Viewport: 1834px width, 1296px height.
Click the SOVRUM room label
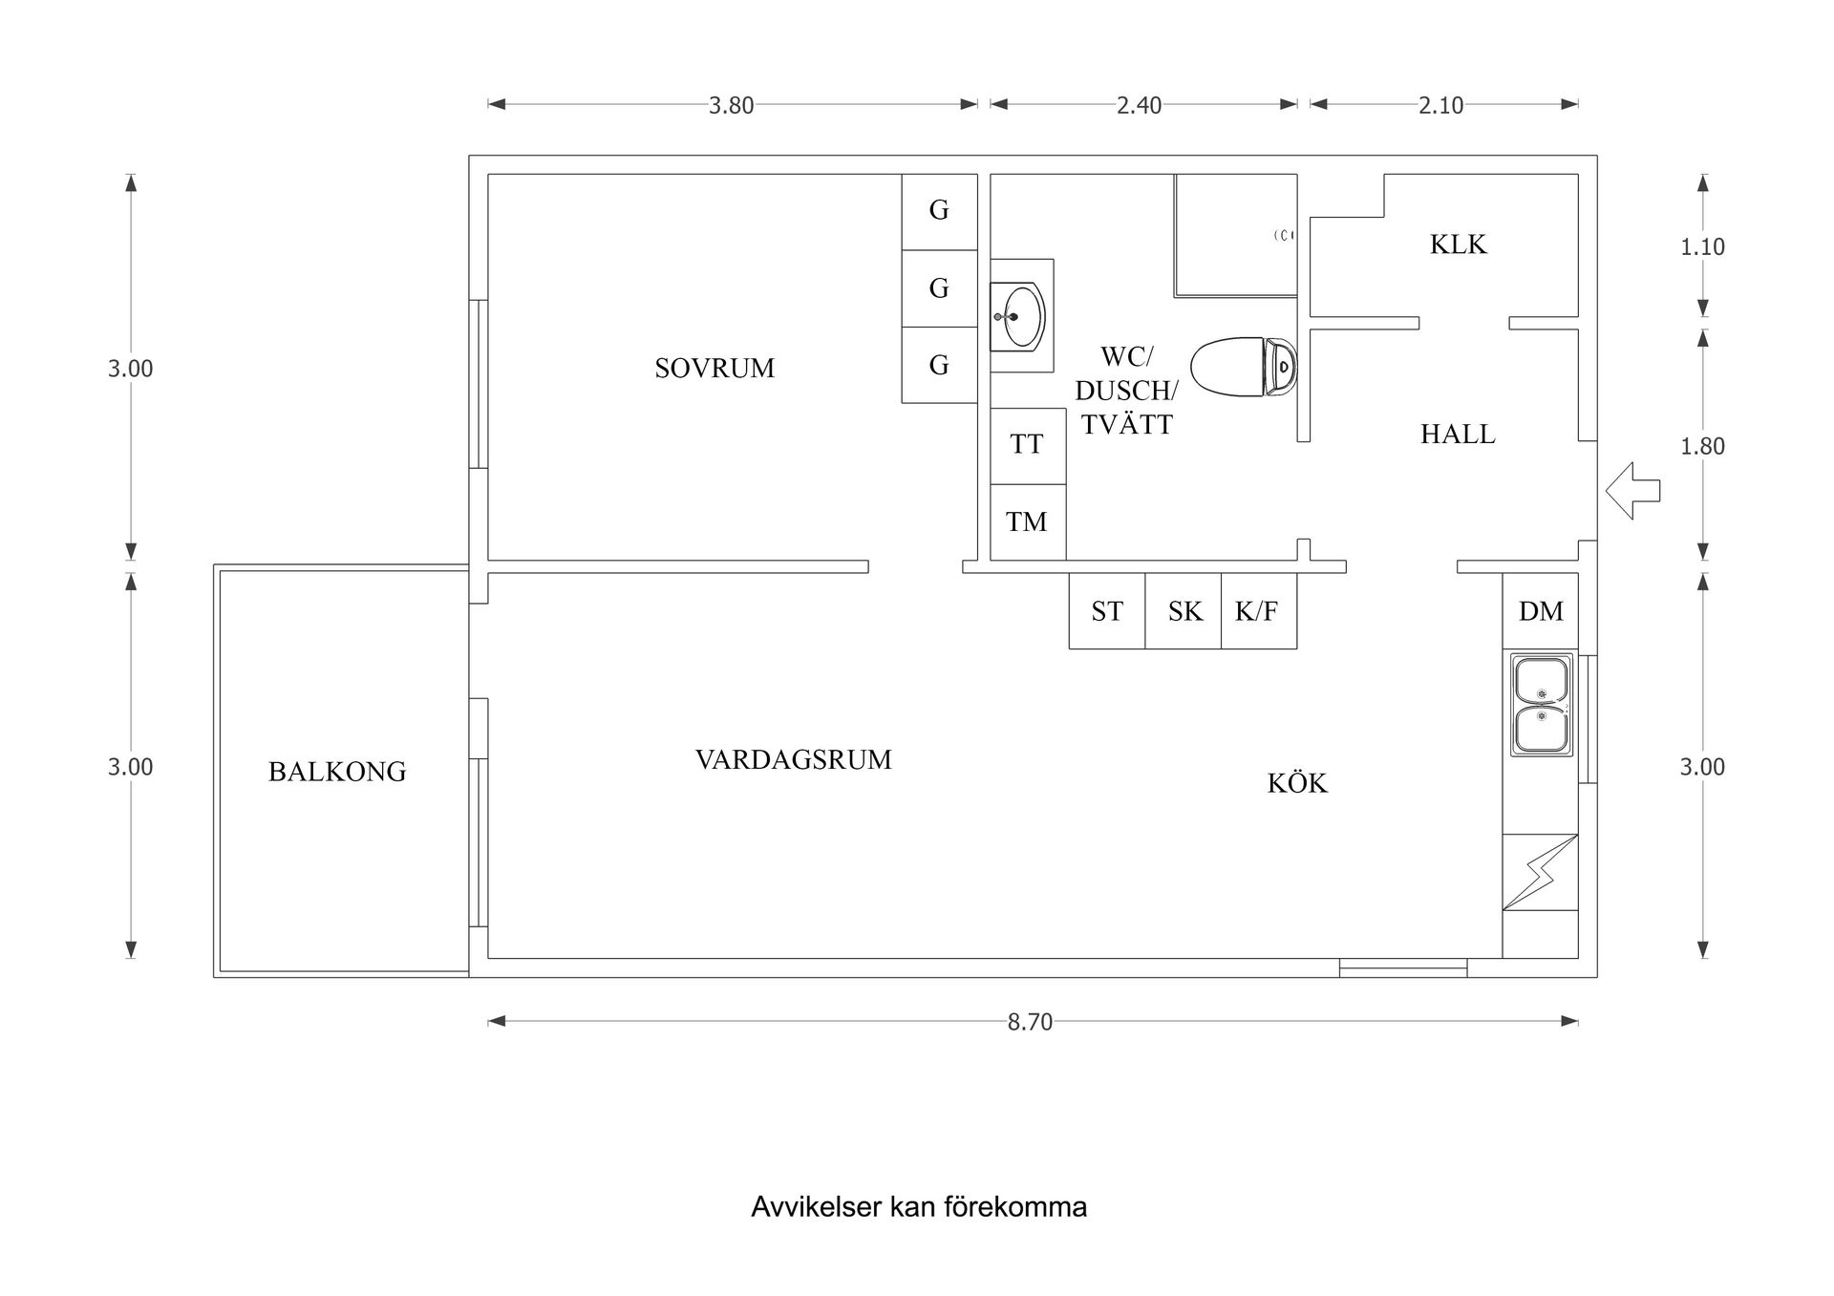(714, 368)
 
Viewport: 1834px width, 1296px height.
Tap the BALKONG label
(337, 772)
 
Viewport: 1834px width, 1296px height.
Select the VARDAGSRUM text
(793, 760)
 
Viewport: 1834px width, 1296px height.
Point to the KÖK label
(1297, 783)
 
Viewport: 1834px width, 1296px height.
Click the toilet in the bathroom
(1243, 367)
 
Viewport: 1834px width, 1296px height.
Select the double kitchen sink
(1541, 705)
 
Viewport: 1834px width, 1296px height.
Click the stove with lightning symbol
(1540, 872)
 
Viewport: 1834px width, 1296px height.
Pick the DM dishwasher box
(1540, 611)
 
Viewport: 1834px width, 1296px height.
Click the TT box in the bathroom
(1027, 445)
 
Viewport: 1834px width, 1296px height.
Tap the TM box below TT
(1027, 521)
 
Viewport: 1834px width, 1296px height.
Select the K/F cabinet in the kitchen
(1257, 611)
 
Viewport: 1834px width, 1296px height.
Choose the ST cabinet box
(1106, 611)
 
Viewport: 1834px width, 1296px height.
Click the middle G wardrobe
(939, 287)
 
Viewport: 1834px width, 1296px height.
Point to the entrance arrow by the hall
(1632, 491)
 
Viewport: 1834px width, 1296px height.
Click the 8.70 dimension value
(1030, 1022)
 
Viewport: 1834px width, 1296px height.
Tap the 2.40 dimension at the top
(1139, 105)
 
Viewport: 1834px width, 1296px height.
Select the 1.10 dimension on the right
(1702, 247)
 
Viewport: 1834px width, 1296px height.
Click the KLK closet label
(1458, 244)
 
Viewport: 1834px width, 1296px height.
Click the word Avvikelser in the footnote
(816, 1207)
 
